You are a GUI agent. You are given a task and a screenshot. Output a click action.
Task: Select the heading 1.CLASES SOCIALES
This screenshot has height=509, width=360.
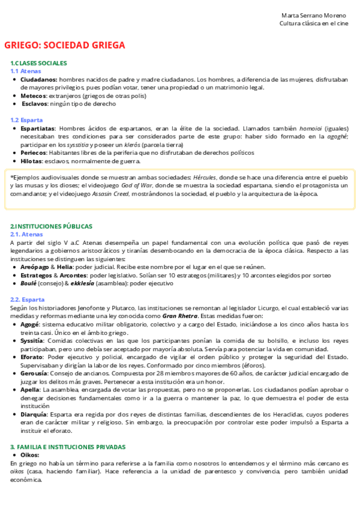coord(38,63)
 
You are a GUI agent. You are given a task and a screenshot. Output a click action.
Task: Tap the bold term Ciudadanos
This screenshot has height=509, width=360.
coord(39,79)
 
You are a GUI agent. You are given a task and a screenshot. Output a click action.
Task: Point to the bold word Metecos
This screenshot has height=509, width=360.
coord(34,95)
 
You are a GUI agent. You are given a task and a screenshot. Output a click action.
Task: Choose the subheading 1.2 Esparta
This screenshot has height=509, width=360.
coord(26,120)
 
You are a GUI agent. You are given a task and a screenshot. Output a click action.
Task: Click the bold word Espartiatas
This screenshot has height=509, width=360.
coord(38,128)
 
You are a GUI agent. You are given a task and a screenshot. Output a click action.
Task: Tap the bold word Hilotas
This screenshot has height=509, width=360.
coord(32,161)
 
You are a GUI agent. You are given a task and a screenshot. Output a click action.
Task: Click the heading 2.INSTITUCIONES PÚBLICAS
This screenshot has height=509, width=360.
coord(51,226)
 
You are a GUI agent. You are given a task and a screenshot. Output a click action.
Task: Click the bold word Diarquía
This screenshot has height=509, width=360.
coord(34,414)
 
